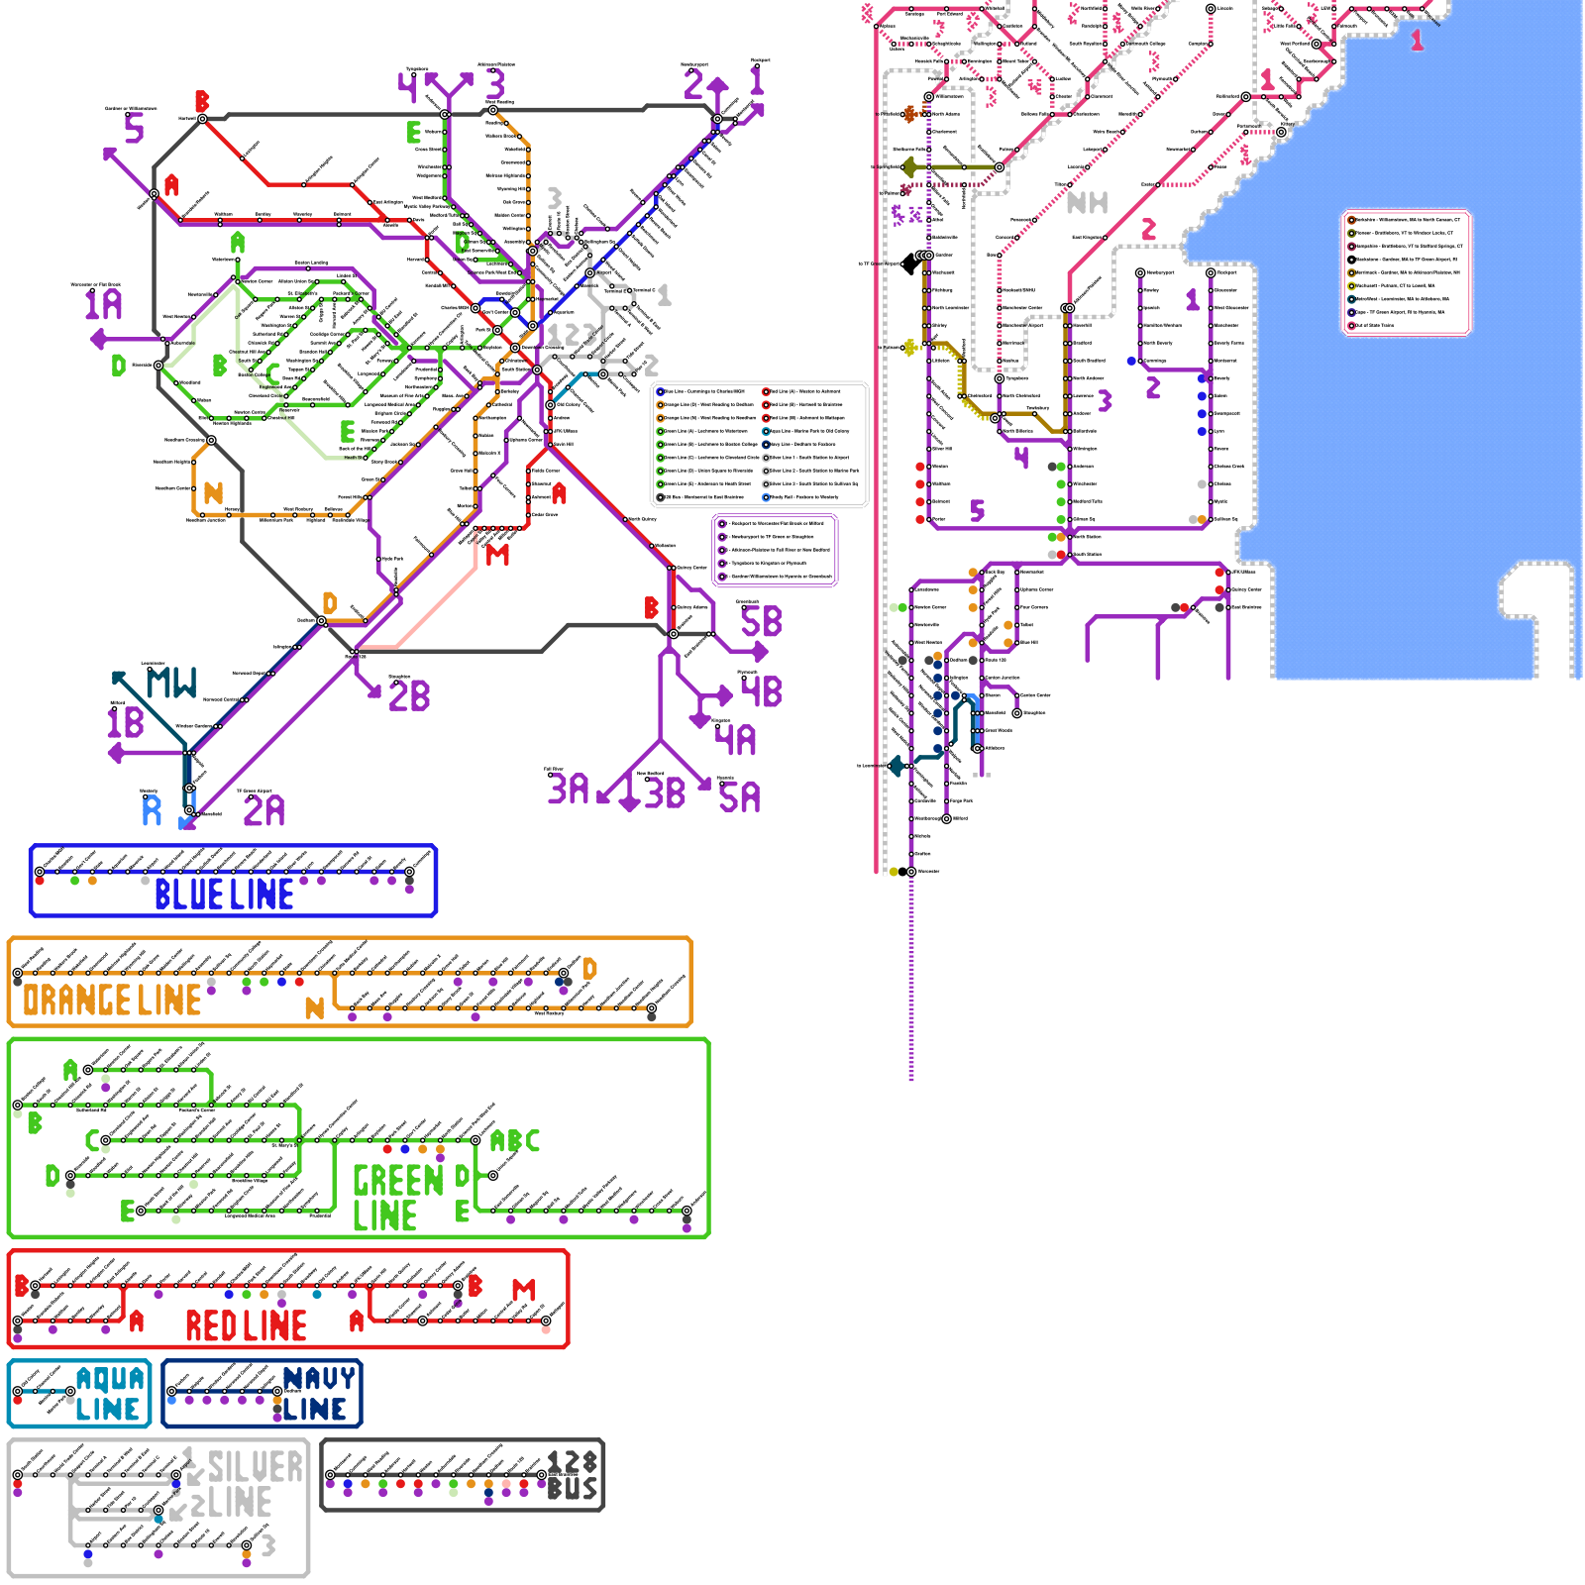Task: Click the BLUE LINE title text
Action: (224, 895)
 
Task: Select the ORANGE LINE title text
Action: (112, 1001)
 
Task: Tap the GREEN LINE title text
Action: (397, 1198)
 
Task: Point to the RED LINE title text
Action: (246, 1325)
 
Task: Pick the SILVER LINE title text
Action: (248, 1484)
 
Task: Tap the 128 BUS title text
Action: (573, 1476)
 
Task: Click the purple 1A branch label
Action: (103, 304)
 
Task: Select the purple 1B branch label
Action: (126, 723)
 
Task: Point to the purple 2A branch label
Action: (264, 811)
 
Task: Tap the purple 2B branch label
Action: (409, 696)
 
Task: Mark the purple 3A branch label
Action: (569, 790)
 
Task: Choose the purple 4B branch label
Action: (762, 691)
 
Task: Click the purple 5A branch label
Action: (740, 797)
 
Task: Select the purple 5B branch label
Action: (761, 622)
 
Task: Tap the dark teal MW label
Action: (171, 683)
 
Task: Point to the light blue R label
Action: (152, 810)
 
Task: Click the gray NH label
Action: (1087, 203)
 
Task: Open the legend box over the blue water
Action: (1406, 272)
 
